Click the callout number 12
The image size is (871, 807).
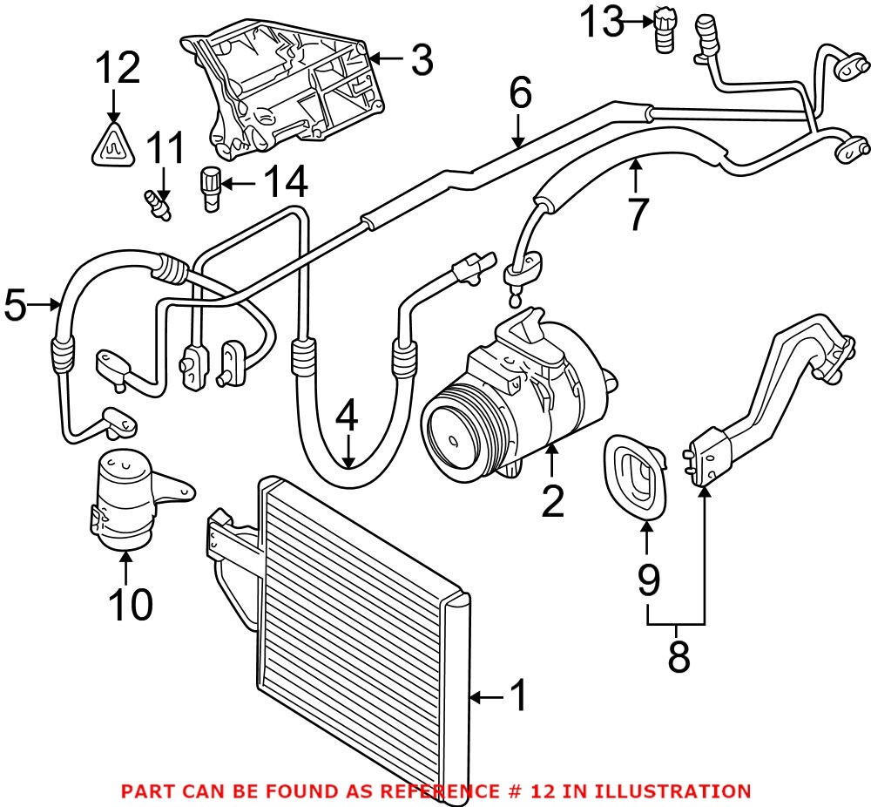point(117,68)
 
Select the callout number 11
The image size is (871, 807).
point(165,149)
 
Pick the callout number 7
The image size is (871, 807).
point(638,214)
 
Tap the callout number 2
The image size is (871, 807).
point(552,500)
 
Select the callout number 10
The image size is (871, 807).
point(130,603)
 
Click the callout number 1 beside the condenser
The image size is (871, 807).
point(517,696)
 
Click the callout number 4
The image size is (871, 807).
point(348,417)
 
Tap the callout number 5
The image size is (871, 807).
point(17,304)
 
